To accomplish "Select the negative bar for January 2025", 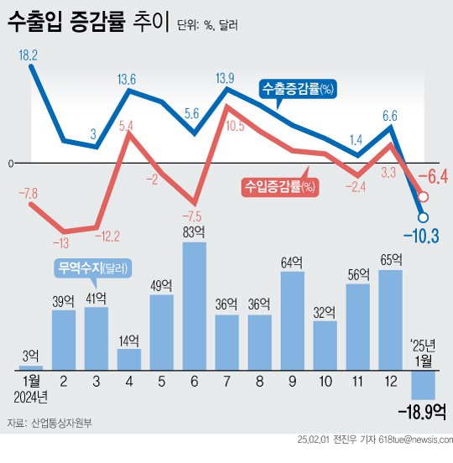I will (423, 384).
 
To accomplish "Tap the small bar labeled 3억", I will (31, 367).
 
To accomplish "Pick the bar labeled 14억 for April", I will (129, 359).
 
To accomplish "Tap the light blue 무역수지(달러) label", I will (92, 268).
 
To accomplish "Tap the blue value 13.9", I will (225, 78).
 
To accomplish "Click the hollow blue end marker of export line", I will (422, 217).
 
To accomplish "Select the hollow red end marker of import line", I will (423, 197).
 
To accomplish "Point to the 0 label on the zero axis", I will (11, 163).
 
